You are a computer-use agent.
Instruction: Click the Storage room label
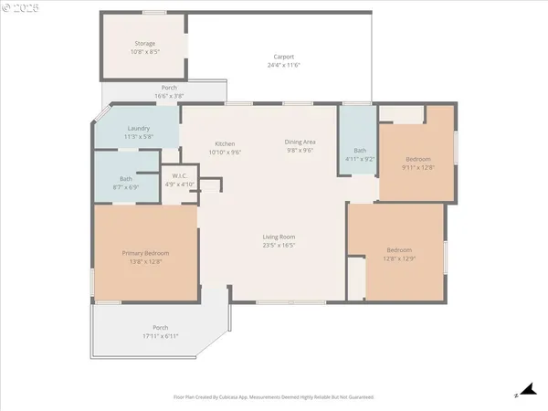click(145, 44)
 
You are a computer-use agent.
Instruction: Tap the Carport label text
click(284, 57)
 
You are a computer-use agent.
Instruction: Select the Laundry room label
click(139, 128)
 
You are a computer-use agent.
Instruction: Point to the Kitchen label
click(225, 143)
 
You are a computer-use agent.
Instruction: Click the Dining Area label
click(300, 142)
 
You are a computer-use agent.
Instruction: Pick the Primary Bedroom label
click(146, 253)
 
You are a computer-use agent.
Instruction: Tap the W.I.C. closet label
click(180, 176)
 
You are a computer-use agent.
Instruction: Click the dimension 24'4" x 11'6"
click(284, 65)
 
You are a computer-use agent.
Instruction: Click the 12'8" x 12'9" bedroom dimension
click(399, 258)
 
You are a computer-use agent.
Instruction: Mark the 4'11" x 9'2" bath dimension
click(360, 159)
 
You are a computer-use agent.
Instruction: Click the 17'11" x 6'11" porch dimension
click(161, 336)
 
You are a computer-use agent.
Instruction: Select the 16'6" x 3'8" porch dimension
click(169, 96)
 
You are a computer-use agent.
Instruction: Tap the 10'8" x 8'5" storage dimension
click(145, 52)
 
